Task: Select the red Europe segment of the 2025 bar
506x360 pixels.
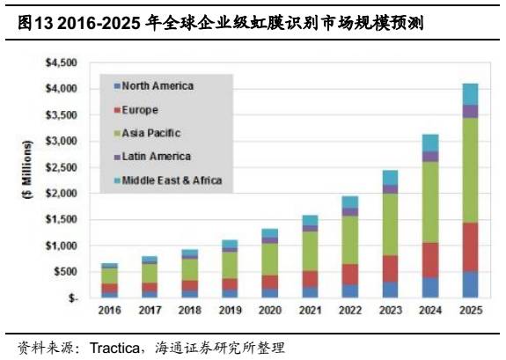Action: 471,246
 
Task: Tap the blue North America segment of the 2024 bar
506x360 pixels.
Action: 430,287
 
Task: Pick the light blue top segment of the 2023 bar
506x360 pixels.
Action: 390,178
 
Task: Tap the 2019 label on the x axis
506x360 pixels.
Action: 229,311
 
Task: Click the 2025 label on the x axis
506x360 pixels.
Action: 471,311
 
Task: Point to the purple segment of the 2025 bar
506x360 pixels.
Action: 471,111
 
